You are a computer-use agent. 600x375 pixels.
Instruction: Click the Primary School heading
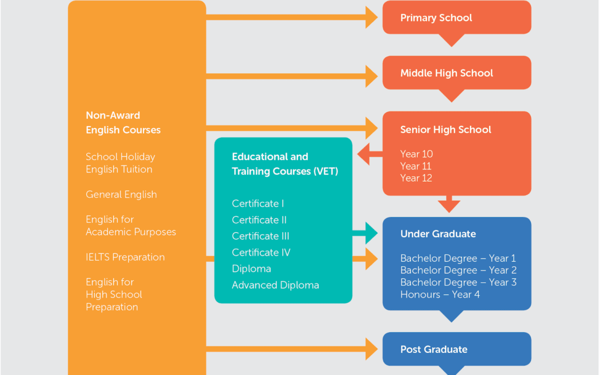point(436,18)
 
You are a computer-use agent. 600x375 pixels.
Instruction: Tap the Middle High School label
point(447,73)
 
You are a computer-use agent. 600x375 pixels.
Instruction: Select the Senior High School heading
point(446,129)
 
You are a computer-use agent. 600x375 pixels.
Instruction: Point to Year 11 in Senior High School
point(416,166)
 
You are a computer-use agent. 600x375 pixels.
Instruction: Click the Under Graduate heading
point(438,234)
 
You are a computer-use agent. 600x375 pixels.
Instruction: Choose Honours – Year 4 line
point(440,294)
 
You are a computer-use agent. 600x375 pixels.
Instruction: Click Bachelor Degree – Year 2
point(458,270)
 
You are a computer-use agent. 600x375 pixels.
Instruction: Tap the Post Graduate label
point(434,349)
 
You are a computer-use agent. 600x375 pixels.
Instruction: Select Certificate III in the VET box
point(261,236)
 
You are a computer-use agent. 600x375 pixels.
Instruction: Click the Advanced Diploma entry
point(276,285)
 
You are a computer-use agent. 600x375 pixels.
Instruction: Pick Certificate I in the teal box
point(258,203)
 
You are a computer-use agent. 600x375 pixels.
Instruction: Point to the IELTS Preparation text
point(125,257)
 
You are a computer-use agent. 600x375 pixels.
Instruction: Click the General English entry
point(121,194)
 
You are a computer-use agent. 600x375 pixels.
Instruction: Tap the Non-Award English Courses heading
point(123,122)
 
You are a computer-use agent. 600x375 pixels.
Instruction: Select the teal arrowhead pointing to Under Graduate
point(372,233)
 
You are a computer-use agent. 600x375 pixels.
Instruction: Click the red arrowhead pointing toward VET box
point(363,154)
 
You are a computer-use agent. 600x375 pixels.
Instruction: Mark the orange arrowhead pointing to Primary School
point(372,17)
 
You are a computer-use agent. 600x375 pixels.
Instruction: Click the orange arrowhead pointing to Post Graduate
point(372,349)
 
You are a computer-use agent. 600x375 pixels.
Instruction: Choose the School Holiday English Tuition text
point(121,163)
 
